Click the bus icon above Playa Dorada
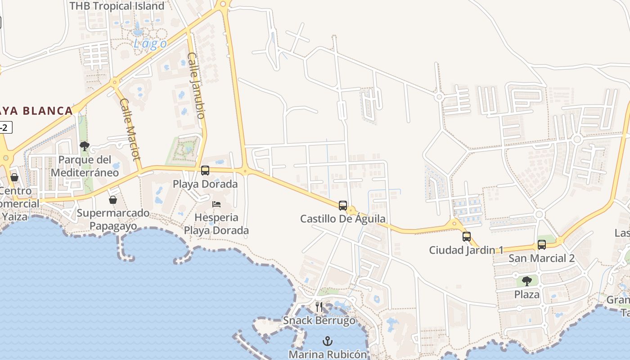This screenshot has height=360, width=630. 205,171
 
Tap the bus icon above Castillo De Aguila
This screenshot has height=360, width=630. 343,206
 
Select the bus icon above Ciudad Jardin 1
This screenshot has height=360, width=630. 467,236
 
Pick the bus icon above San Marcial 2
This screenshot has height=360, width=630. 542,244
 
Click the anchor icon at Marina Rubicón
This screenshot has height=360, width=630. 328,341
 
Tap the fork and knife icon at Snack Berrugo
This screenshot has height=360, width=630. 319,307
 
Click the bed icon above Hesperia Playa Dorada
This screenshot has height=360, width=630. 216,204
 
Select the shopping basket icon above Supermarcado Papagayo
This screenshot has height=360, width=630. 113,199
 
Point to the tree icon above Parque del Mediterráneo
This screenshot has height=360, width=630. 84,146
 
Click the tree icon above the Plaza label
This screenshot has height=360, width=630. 526,281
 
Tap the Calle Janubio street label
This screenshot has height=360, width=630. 196,85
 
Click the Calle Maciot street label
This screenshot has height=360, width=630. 130,129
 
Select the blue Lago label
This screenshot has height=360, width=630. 150,44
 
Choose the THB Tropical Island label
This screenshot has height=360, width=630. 117,6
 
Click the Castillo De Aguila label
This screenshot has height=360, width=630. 343,219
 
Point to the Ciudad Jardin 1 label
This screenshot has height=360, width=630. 466,250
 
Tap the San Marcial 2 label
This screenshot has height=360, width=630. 541,258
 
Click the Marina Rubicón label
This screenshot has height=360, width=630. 328,354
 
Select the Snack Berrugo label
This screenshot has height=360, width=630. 319,320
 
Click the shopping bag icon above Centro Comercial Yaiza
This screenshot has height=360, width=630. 14,177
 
